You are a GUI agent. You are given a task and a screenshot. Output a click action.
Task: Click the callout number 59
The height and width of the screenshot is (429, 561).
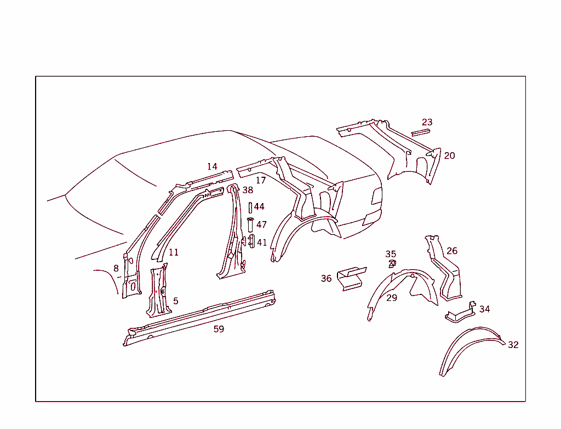pyautogui.click(x=219, y=329)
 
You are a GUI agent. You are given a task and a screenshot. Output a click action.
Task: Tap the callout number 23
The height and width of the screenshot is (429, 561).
pyautogui.click(x=427, y=122)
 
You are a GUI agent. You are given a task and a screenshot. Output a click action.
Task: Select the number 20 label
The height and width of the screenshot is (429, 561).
pyautogui.click(x=449, y=155)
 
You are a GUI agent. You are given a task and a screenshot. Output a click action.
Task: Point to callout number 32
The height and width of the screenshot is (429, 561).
pyautogui.click(x=513, y=345)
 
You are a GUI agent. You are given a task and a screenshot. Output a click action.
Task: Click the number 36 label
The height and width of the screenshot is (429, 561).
pyautogui.click(x=326, y=279)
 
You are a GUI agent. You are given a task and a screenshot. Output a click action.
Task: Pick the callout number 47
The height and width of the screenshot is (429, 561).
pyautogui.click(x=261, y=224)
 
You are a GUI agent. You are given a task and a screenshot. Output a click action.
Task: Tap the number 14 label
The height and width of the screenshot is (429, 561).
pyautogui.click(x=212, y=166)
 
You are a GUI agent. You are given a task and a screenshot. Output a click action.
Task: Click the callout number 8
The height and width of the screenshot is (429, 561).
pyautogui.click(x=116, y=268)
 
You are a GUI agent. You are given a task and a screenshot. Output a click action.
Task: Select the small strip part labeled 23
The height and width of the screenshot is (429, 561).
pyautogui.click(x=420, y=132)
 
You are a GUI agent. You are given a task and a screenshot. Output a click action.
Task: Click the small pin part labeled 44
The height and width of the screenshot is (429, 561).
pyautogui.click(x=250, y=208)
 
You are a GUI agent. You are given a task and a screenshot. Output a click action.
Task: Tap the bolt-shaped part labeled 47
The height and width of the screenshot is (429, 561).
pyautogui.click(x=250, y=224)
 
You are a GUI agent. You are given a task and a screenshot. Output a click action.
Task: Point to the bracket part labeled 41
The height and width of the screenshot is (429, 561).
pyautogui.click(x=251, y=241)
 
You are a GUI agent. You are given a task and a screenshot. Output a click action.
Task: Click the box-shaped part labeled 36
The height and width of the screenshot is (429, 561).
pyautogui.click(x=352, y=278)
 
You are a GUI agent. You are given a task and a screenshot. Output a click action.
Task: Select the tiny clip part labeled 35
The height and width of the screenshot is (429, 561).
pyautogui.click(x=392, y=264)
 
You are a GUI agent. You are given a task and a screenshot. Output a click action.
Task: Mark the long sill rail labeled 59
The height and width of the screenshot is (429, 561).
pyautogui.click(x=199, y=318)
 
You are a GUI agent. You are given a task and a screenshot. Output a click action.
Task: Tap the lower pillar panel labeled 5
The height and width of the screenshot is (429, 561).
pyautogui.click(x=158, y=291)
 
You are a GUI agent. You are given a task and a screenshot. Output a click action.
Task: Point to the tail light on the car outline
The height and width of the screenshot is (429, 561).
pyautogui.click(x=377, y=196)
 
